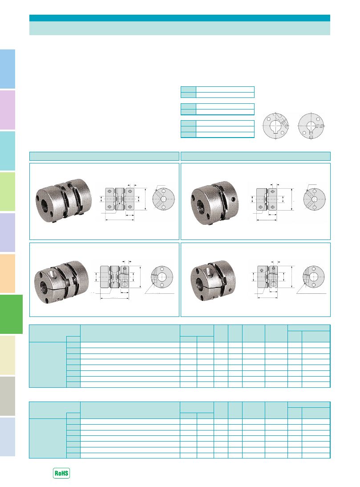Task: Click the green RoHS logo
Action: click(61, 473)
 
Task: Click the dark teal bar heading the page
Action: click(180, 18)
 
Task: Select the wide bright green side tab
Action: click(11, 314)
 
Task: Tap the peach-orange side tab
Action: click(8, 273)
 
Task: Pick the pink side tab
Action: click(8, 110)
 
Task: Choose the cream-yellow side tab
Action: click(8, 355)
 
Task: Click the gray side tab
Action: click(8, 396)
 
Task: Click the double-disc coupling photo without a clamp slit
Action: click(64, 201)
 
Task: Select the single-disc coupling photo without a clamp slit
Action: click(215, 203)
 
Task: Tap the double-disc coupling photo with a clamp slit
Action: click(61, 281)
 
